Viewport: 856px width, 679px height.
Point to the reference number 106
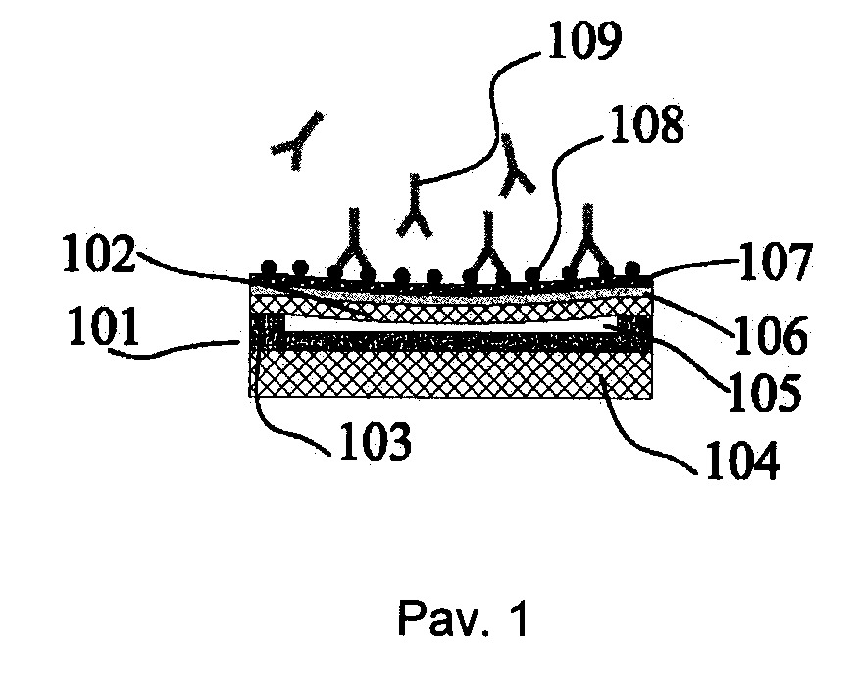point(770,334)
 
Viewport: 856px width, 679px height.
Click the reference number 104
point(743,461)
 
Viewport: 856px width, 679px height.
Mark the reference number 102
point(99,254)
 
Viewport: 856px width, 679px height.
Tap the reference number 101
point(104,326)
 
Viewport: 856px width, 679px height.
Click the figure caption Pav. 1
point(463,618)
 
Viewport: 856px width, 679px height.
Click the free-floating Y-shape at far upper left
point(297,140)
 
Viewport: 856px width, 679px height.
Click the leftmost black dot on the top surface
point(268,267)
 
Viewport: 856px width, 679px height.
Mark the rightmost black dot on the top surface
point(631,268)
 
